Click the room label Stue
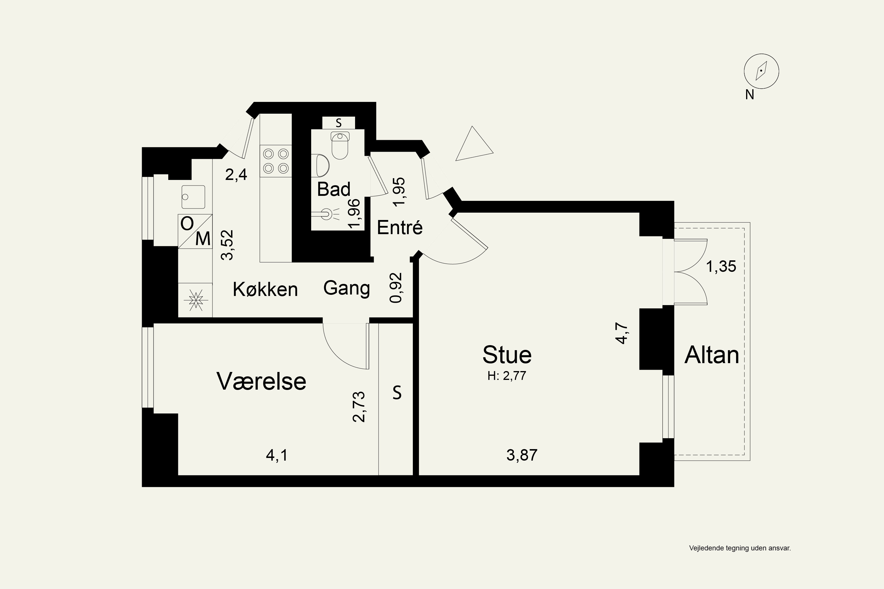pos(507,355)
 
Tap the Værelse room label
pos(261,381)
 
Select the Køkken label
pos(265,289)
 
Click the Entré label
pos(400,228)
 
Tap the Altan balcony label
pos(712,355)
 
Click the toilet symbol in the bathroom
pos(340,145)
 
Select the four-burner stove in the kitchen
pos(276,161)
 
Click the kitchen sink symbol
pos(193,197)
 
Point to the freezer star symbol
pos(195,300)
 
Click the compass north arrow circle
pos(761,71)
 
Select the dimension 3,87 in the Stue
pos(522,455)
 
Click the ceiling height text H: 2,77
pos(507,376)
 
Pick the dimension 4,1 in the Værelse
pos(277,456)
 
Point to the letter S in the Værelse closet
pos(397,393)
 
